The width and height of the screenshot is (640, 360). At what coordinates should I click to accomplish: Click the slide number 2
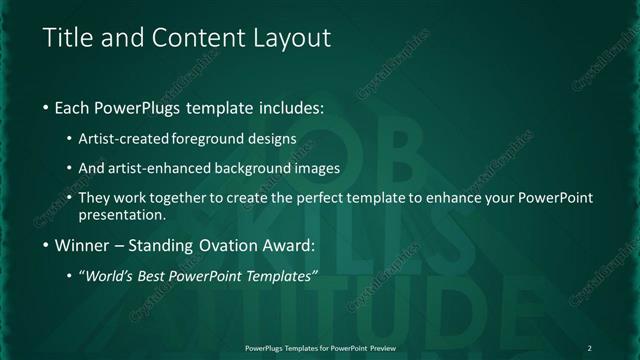point(589,348)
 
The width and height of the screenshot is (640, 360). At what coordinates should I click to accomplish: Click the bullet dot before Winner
point(46,245)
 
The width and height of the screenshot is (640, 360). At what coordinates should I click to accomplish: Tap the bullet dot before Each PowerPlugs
point(46,107)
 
